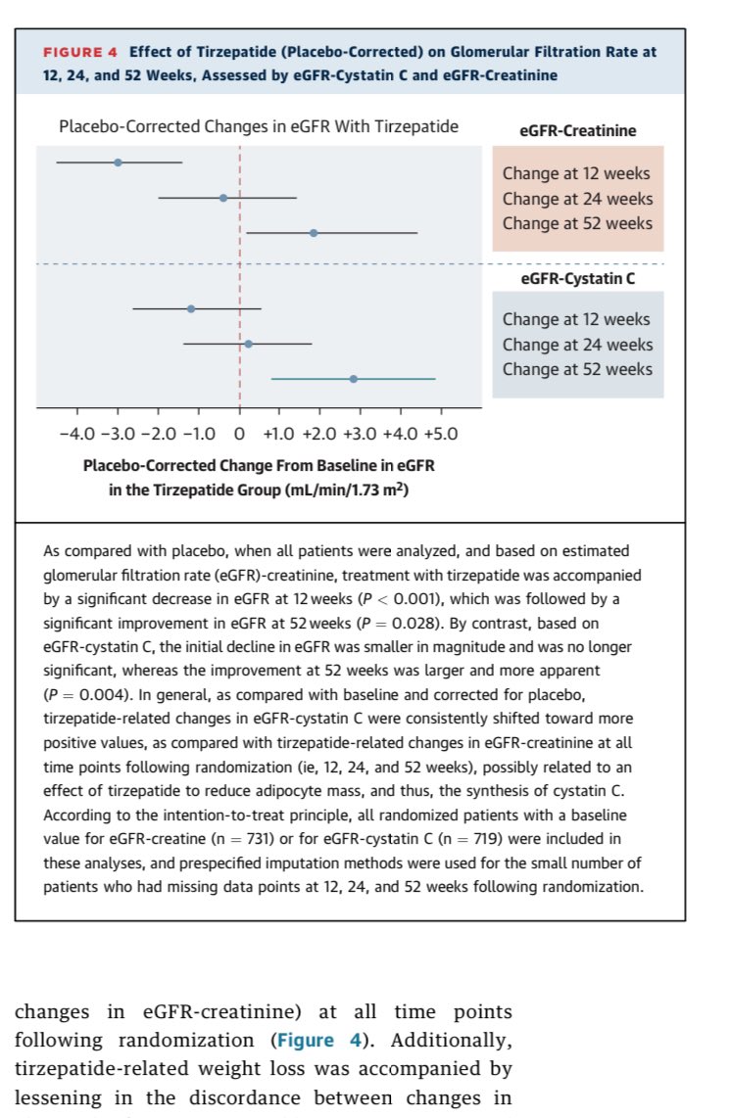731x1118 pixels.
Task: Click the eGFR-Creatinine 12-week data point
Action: coord(118,163)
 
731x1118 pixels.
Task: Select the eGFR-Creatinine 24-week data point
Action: coord(223,198)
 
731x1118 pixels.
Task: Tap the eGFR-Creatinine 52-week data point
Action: coord(314,233)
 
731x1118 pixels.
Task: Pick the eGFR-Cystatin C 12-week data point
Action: coord(191,308)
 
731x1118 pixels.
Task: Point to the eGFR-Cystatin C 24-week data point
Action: coord(248,344)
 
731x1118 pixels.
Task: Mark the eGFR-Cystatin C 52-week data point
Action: coord(353,379)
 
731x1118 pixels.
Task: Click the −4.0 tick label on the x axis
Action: coord(77,434)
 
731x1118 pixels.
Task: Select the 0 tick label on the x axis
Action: coord(240,434)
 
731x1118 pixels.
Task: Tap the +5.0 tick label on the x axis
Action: coord(439,434)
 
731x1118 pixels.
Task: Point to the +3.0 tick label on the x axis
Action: coord(359,434)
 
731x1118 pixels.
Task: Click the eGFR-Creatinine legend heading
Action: coord(577,130)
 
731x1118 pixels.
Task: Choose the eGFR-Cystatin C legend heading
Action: coord(577,278)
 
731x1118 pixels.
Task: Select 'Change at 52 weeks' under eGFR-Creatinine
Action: coord(577,223)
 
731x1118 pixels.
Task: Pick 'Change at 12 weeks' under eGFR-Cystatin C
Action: coord(577,319)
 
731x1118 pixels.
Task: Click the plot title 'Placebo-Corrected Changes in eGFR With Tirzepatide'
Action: coord(259,126)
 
